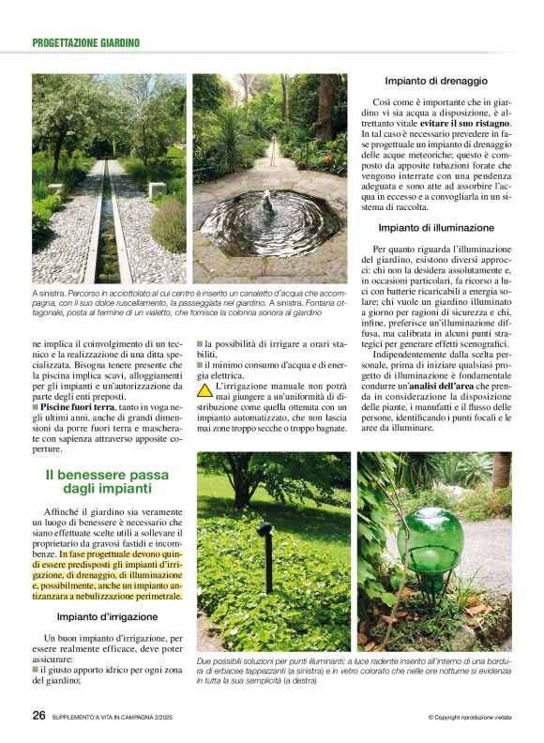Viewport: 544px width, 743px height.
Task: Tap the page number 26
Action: point(39,715)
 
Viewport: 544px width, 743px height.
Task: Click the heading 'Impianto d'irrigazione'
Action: point(107,616)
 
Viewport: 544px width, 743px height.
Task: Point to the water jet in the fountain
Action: point(268,204)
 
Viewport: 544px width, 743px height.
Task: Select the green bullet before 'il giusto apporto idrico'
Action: point(35,670)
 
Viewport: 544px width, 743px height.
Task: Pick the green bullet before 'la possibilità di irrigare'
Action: point(200,344)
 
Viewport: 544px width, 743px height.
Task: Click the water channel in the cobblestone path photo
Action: point(109,225)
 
